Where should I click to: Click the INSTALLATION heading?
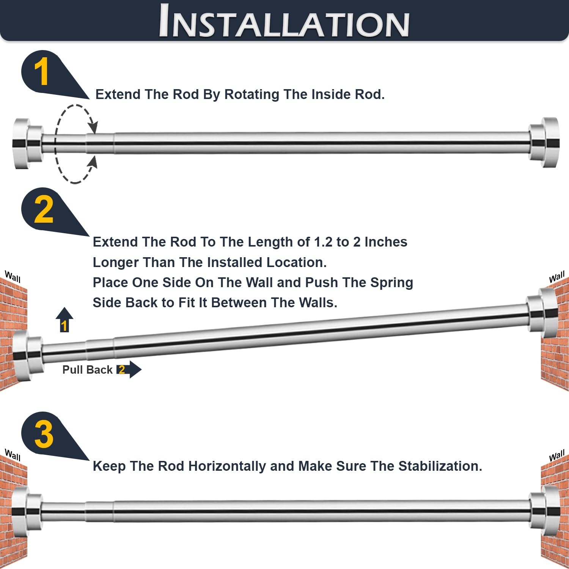(284, 21)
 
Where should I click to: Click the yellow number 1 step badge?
(41, 72)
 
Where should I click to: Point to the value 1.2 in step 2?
(323, 242)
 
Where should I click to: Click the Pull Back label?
(87, 370)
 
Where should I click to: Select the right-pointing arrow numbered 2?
(129, 369)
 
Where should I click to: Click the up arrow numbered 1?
(64, 319)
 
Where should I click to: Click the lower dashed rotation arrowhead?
(93, 162)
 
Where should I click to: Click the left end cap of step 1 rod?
(27, 143)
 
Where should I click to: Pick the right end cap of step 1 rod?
(544, 142)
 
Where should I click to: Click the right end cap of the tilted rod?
(542, 313)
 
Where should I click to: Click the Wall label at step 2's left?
(13, 277)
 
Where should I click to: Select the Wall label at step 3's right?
(557, 455)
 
